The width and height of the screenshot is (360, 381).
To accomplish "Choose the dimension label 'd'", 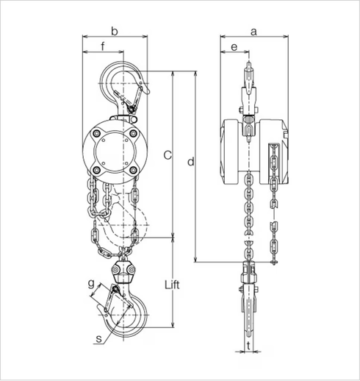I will point(191,162).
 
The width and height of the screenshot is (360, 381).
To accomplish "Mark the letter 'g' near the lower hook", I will point(91,282).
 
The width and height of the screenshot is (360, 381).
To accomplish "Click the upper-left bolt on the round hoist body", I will point(98,133).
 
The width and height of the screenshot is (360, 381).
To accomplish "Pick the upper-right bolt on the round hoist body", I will point(135,133).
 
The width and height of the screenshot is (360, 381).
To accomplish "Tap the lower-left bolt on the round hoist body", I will point(98,171).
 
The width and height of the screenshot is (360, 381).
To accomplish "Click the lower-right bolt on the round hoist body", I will point(135,171).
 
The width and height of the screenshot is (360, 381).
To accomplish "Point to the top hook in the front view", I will point(122,85).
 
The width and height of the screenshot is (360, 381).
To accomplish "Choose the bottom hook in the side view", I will point(248,309).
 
